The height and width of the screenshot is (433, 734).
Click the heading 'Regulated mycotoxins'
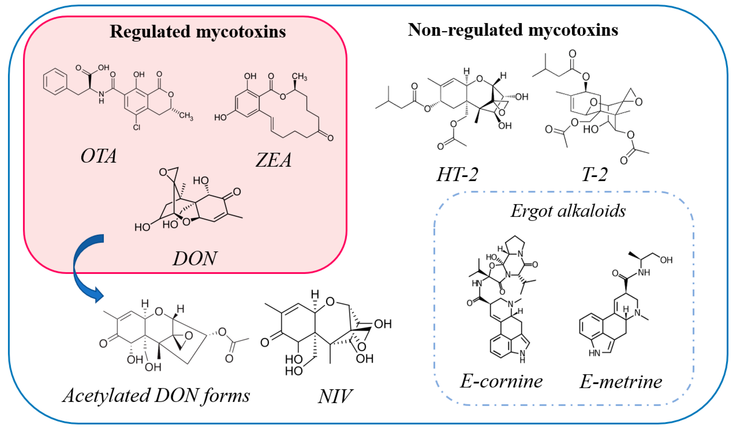coord(198,31)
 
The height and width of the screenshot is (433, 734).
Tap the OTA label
coord(99,156)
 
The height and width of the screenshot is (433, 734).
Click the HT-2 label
coord(457,175)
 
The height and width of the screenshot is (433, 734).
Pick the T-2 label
coord(594,175)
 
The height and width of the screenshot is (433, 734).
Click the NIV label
coord(335,396)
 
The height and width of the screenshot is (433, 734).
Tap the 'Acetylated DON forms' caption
coord(156,396)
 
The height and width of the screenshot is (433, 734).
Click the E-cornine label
coord(501,381)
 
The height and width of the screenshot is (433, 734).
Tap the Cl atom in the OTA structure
coord(136,127)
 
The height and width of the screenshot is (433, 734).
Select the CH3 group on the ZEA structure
coord(299,77)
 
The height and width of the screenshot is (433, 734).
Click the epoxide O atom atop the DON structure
coord(163,172)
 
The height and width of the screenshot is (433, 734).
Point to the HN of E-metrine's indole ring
coord(594,353)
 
